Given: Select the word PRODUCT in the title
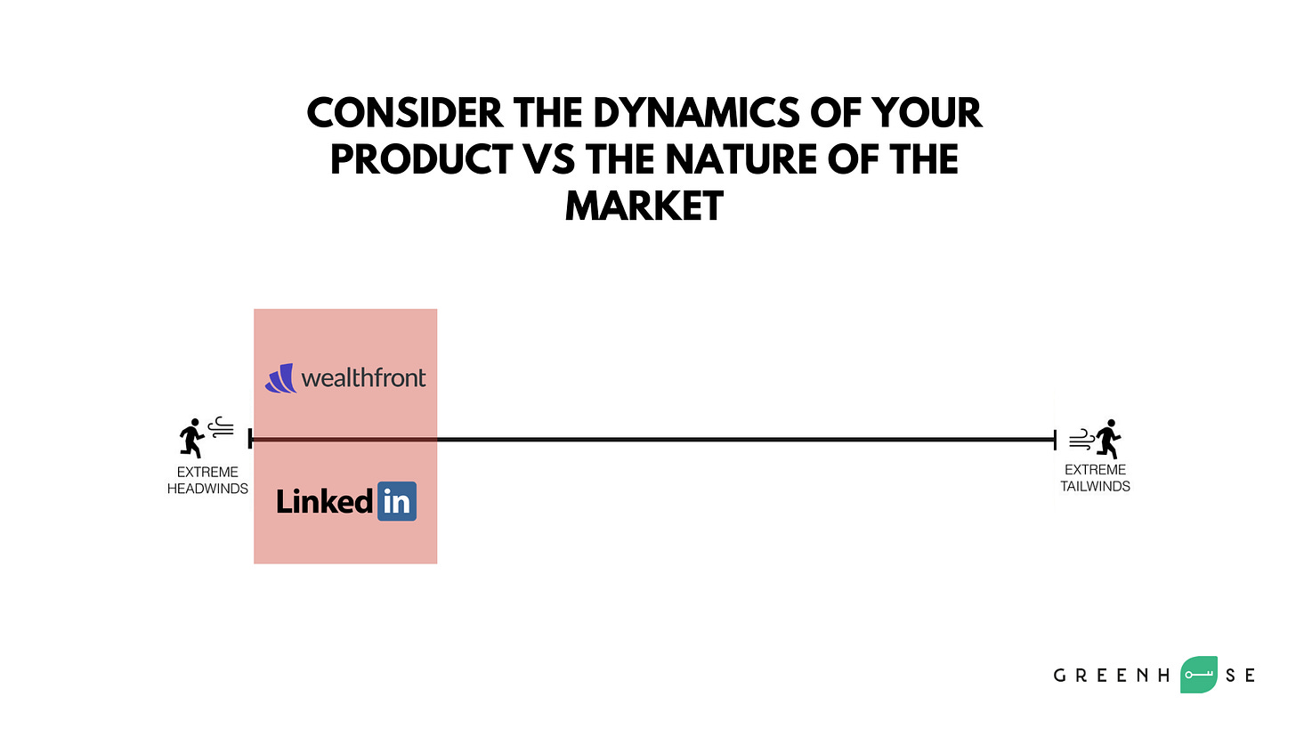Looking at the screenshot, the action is (x=422, y=159).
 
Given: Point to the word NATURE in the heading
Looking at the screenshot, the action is (x=741, y=159).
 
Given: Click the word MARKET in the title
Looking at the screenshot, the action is (x=644, y=206).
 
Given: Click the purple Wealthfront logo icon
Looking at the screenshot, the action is (x=281, y=378).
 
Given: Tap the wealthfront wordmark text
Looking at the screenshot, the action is (x=364, y=378).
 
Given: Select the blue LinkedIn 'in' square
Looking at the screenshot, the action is (x=397, y=501).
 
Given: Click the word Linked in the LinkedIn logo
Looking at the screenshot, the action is (x=324, y=501).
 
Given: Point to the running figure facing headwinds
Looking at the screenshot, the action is (x=191, y=439).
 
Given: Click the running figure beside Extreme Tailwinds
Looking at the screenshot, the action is (x=1108, y=439).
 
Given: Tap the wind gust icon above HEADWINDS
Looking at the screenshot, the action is (x=221, y=427).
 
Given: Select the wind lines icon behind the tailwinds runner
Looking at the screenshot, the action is (x=1081, y=439).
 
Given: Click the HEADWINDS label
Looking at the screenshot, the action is (x=207, y=489).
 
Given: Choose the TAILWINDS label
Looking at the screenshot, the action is (x=1095, y=487).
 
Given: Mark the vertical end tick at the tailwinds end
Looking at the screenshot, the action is (x=1056, y=440).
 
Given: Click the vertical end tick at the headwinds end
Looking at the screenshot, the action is (x=250, y=439).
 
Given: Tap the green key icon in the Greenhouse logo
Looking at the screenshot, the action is (x=1199, y=675).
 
